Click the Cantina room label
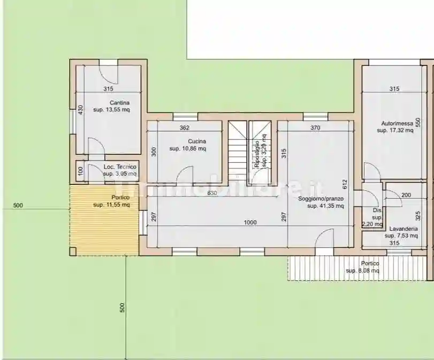click(119, 103)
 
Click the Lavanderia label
click(403, 228)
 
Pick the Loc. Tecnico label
click(119, 167)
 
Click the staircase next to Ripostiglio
click(237, 153)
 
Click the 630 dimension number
click(212, 193)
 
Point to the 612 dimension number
click(345, 185)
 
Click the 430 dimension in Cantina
click(80, 110)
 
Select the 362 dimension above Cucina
click(185, 128)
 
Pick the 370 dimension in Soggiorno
click(315, 128)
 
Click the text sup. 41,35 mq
click(325, 206)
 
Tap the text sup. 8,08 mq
click(363, 271)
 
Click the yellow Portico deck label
click(121, 197)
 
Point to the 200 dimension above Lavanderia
click(406, 196)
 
